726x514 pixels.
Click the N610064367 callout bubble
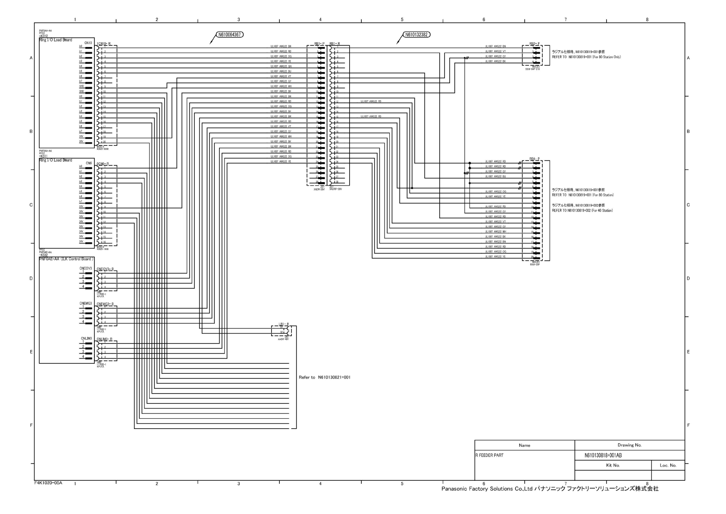pos(229,35)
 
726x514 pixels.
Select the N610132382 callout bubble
pos(417,35)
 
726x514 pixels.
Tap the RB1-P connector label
pos(319,44)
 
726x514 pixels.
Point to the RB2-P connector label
pos(535,44)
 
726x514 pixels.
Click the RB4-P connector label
pos(535,159)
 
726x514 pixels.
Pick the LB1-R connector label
pos(283,324)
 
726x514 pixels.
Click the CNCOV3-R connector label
pos(105,269)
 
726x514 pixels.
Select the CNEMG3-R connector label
pos(105,304)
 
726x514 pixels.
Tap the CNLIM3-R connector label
pos(105,339)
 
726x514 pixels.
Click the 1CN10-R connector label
pos(104,44)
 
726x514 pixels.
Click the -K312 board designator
pos(43,36)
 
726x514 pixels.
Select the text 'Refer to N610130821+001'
pos(325,378)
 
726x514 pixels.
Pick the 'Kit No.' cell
pos(613,466)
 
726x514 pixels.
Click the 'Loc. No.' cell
pos(668,466)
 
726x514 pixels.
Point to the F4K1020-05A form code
pos(48,483)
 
